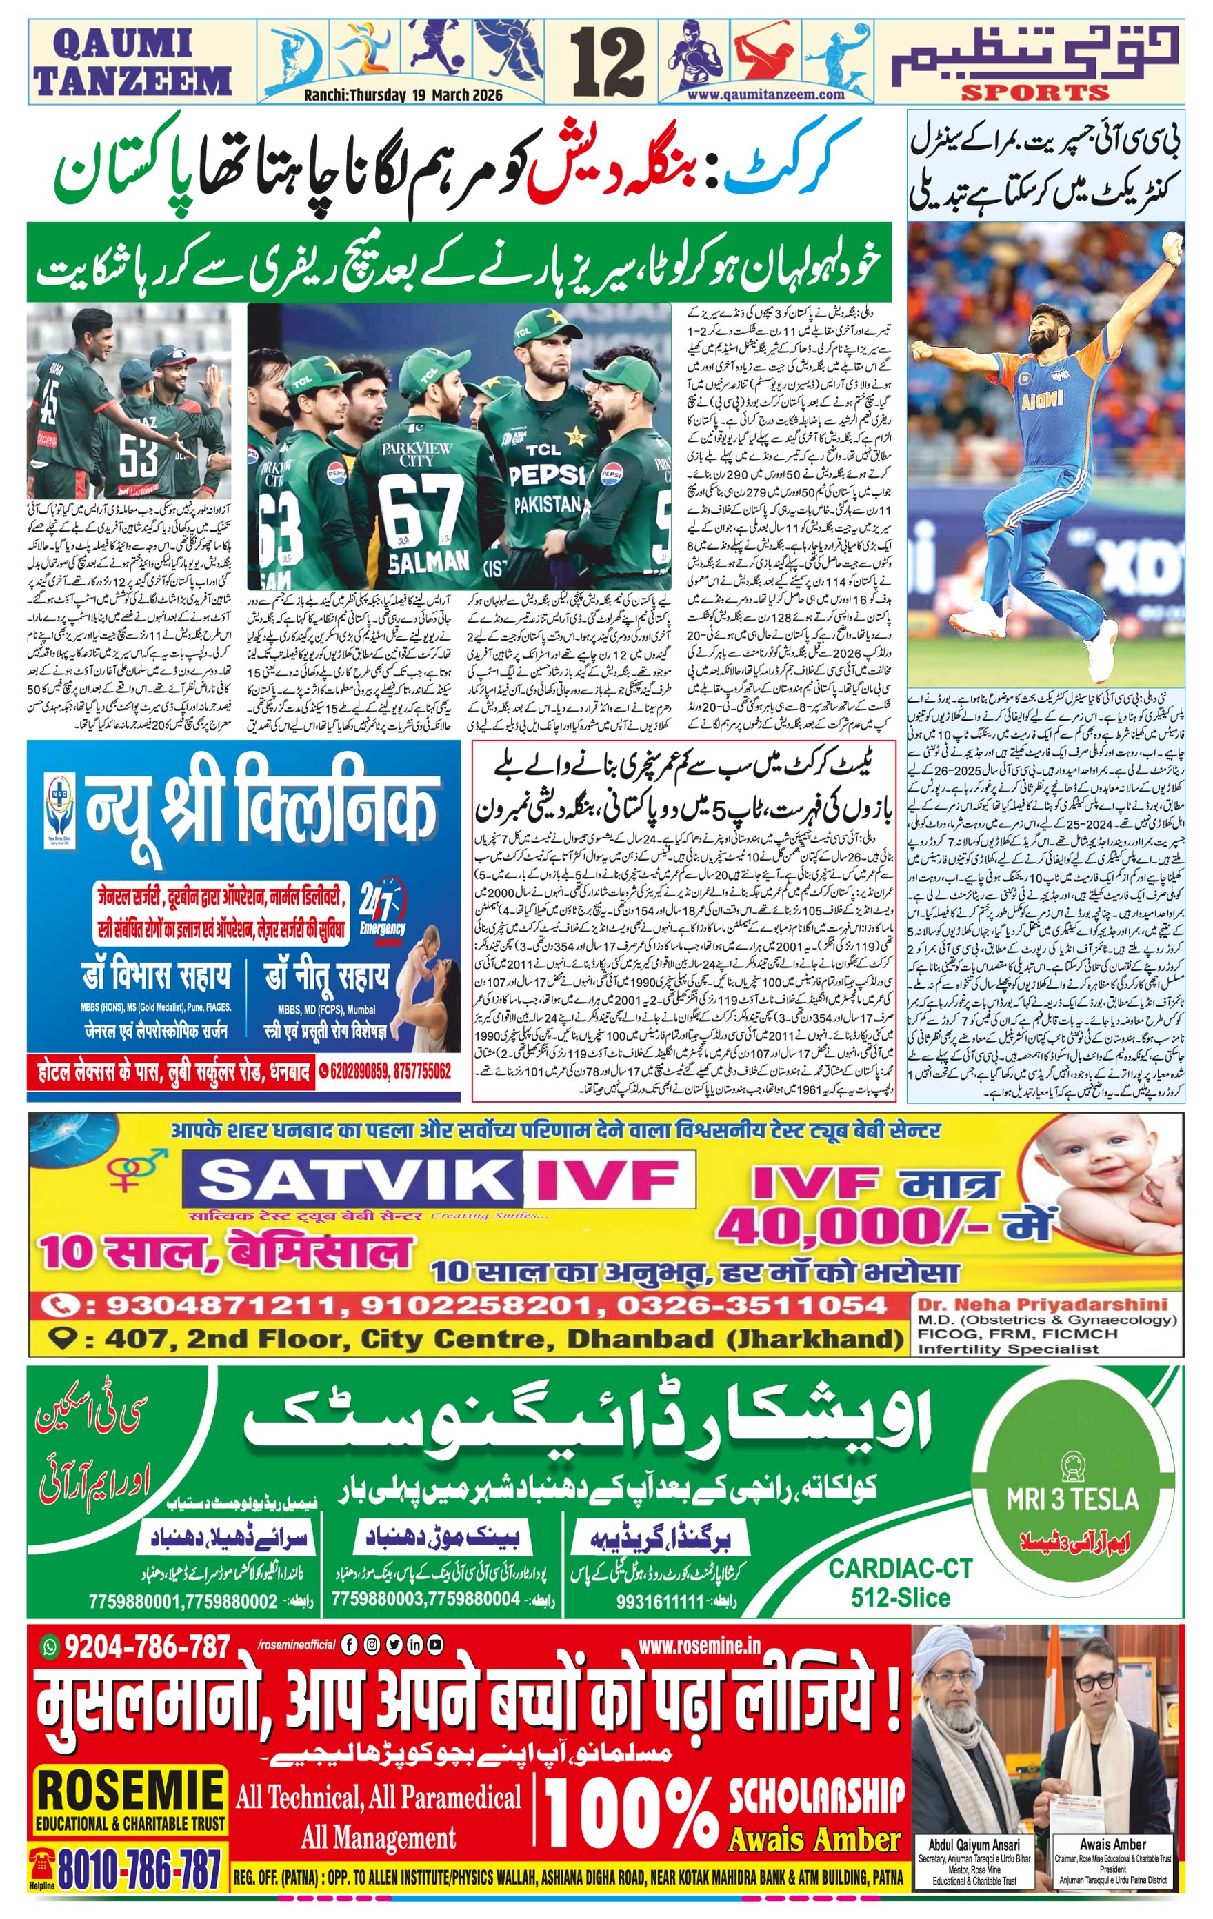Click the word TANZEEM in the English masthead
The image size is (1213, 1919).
pos(133,81)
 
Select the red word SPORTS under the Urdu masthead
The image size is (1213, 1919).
pos(1034,93)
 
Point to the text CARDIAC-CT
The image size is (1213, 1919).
pos(901,1568)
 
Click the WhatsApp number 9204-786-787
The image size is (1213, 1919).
pos(148,1647)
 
